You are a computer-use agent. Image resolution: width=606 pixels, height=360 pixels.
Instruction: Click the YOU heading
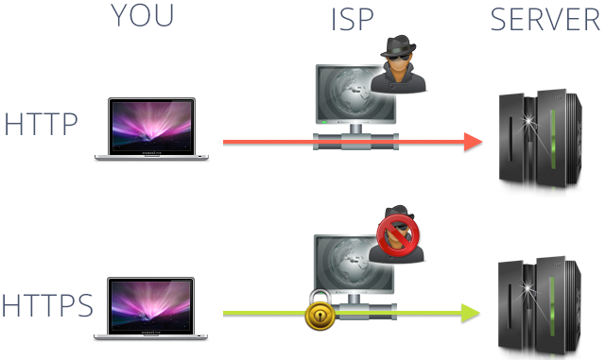pyautogui.click(x=142, y=15)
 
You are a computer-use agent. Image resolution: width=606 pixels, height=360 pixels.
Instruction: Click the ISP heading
pyautogui.click(x=352, y=19)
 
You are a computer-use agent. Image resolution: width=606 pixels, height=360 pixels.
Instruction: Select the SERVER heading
pyautogui.click(x=545, y=19)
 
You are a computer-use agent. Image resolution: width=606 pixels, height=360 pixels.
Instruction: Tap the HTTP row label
pyautogui.click(x=41, y=124)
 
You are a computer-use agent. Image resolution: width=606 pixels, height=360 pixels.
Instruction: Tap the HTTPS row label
pyautogui.click(x=47, y=305)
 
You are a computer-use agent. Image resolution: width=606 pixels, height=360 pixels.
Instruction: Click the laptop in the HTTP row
pyautogui.click(x=151, y=129)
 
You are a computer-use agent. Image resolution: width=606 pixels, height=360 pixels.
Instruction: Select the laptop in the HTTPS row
pyautogui.click(x=150, y=308)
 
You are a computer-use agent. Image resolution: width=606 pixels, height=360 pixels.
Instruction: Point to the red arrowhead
pyautogui.click(x=473, y=142)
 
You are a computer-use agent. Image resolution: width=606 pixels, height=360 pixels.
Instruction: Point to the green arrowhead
pyautogui.click(x=471, y=313)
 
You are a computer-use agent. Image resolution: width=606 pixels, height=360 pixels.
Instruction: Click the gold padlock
pyautogui.click(x=320, y=310)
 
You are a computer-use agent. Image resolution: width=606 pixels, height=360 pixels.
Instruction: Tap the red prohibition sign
pyautogui.click(x=398, y=236)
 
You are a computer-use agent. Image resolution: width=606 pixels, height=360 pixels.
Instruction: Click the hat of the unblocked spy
pyautogui.click(x=398, y=45)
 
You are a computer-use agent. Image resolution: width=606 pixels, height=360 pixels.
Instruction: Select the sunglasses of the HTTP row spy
pyautogui.click(x=399, y=59)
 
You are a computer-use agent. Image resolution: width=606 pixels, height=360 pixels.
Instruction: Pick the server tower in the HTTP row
pyautogui.click(x=541, y=139)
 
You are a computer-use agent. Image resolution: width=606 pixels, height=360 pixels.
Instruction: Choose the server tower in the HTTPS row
pyautogui.click(x=540, y=306)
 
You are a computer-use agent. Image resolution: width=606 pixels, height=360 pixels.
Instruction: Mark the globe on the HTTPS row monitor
pyautogui.click(x=349, y=262)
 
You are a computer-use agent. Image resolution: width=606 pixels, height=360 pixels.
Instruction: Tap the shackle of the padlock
pyautogui.click(x=320, y=297)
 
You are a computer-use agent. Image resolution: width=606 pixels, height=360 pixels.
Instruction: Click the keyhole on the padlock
pyautogui.click(x=320, y=317)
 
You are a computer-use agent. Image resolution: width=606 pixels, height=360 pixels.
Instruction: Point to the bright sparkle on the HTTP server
pyautogui.click(x=528, y=121)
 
